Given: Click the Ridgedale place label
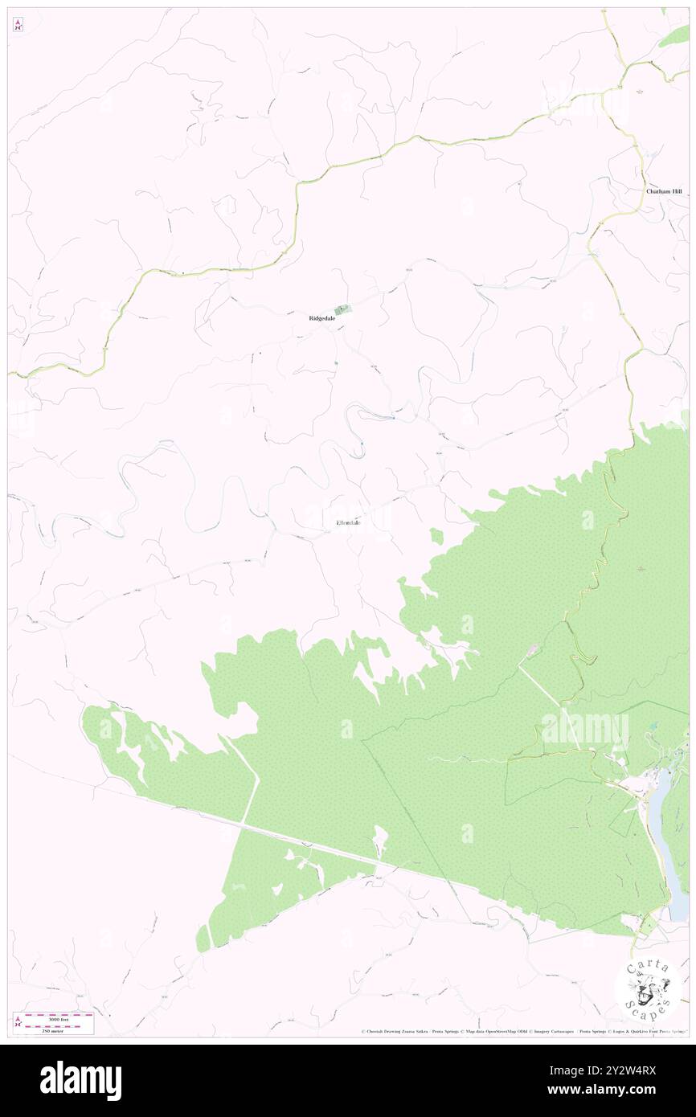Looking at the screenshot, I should tap(321, 318).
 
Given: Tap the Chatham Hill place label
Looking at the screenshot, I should tap(664, 192).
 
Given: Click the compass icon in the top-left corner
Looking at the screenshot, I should tap(18, 25).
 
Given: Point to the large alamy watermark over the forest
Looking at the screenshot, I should tap(585, 729).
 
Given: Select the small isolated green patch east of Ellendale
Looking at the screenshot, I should tap(436, 536).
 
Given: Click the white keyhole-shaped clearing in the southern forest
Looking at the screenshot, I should tap(379, 841).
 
